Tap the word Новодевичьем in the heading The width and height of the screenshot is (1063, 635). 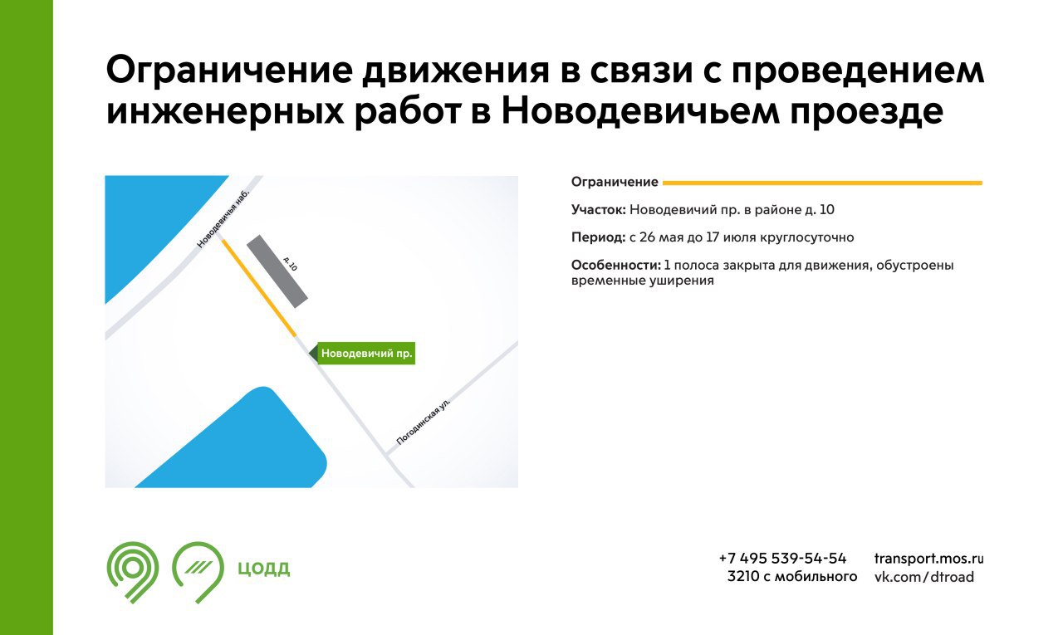click(640, 112)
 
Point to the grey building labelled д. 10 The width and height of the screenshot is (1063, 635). click(277, 271)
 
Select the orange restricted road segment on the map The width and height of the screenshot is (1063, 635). click(259, 288)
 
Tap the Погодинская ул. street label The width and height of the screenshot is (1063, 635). click(423, 422)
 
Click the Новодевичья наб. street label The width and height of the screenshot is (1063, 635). click(223, 218)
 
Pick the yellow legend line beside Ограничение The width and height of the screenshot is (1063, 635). click(822, 183)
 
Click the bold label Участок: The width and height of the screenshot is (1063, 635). click(599, 210)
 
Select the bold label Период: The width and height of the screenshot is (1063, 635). click(599, 237)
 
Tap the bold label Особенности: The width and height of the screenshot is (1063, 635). click(615, 265)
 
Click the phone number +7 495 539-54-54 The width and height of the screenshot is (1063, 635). click(782, 558)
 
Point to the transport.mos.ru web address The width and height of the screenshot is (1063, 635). click(928, 559)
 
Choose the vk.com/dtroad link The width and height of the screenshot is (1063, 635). click(924, 577)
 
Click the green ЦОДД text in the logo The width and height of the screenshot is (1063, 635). click(263, 568)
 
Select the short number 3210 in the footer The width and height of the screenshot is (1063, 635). click(743, 577)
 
